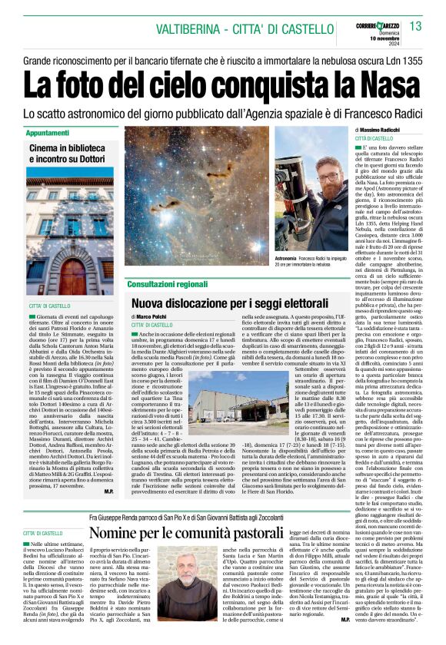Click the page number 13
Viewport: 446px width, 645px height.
coord(416,27)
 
